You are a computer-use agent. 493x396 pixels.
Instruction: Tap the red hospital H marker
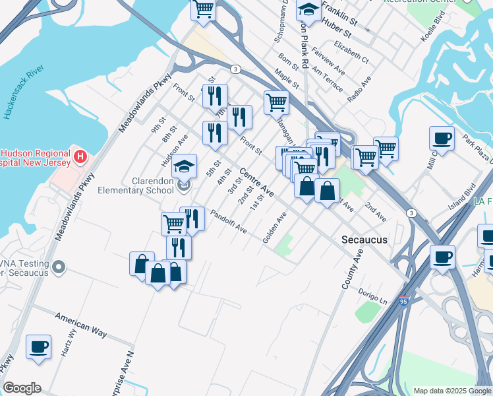[x=80, y=156]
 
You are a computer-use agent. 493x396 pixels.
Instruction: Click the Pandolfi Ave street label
[x=228, y=222]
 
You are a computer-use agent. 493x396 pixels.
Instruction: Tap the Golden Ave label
[x=274, y=228]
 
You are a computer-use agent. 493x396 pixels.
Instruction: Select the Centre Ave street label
[x=256, y=183]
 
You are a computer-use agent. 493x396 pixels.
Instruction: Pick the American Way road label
[x=80, y=325]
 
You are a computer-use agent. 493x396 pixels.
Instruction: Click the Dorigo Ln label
[x=373, y=295]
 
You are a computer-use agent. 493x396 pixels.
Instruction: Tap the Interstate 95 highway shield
[x=404, y=302]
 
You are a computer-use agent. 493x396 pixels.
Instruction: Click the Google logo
[x=22, y=388]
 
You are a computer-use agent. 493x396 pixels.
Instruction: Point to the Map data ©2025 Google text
[x=451, y=391]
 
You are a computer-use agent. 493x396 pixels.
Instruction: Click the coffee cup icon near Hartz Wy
[x=39, y=346]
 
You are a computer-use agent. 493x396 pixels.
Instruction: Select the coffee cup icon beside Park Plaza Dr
[x=442, y=139]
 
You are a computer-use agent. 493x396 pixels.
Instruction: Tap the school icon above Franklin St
[x=307, y=10]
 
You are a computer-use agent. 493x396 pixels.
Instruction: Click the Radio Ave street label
[x=359, y=88]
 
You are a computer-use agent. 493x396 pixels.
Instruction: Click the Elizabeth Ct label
[x=351, y=53]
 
